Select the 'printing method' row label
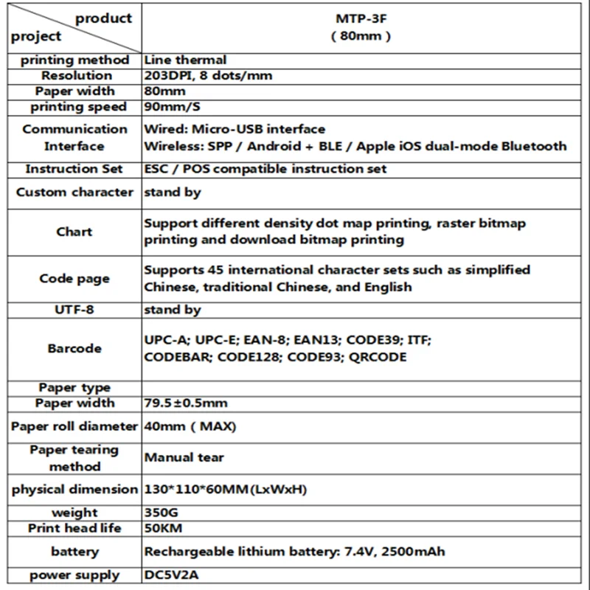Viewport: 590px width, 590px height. [x=74, y=60]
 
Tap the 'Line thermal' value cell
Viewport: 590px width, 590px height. [x=185, y=60]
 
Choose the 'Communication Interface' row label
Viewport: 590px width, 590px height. [x=74, y=137]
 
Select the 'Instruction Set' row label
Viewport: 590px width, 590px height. [x=74, y=169]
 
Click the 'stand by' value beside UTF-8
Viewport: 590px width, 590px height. [x=173, y=310]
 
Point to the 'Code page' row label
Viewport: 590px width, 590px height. [x=74, y=279]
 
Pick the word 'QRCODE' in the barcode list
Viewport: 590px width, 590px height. [x=378, y=357]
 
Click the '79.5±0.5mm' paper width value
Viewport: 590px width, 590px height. [x=186, y=403]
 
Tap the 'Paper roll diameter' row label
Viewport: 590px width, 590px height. [x=74, y=426]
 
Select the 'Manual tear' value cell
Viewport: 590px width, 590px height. [x=184, y=457]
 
